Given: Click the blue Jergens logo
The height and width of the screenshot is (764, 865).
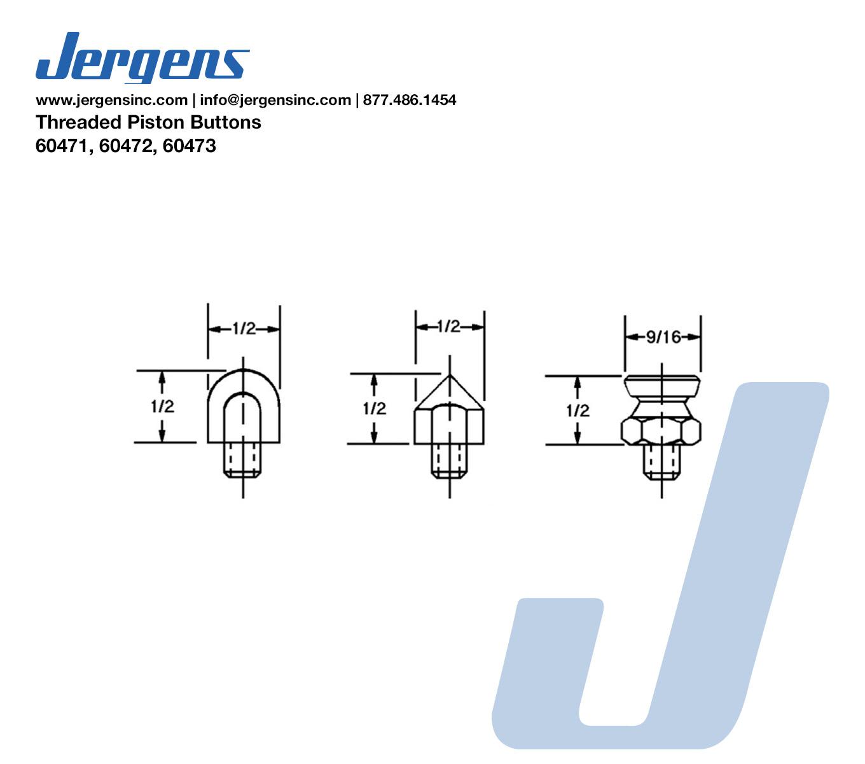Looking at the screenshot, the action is [142, 57].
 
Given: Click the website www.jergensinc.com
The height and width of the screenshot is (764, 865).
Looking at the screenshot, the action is [112, 100].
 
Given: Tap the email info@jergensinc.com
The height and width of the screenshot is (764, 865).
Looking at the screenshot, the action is [275, 100].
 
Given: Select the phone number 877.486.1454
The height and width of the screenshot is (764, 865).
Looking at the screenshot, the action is [410, 100].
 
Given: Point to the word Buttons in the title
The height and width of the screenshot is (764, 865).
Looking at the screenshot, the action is [226, 122].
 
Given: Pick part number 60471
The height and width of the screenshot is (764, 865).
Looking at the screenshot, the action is [64, 146].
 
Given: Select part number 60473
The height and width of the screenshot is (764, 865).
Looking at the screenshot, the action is [189, 146].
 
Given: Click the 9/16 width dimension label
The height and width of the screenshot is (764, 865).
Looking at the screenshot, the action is [663, 337].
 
